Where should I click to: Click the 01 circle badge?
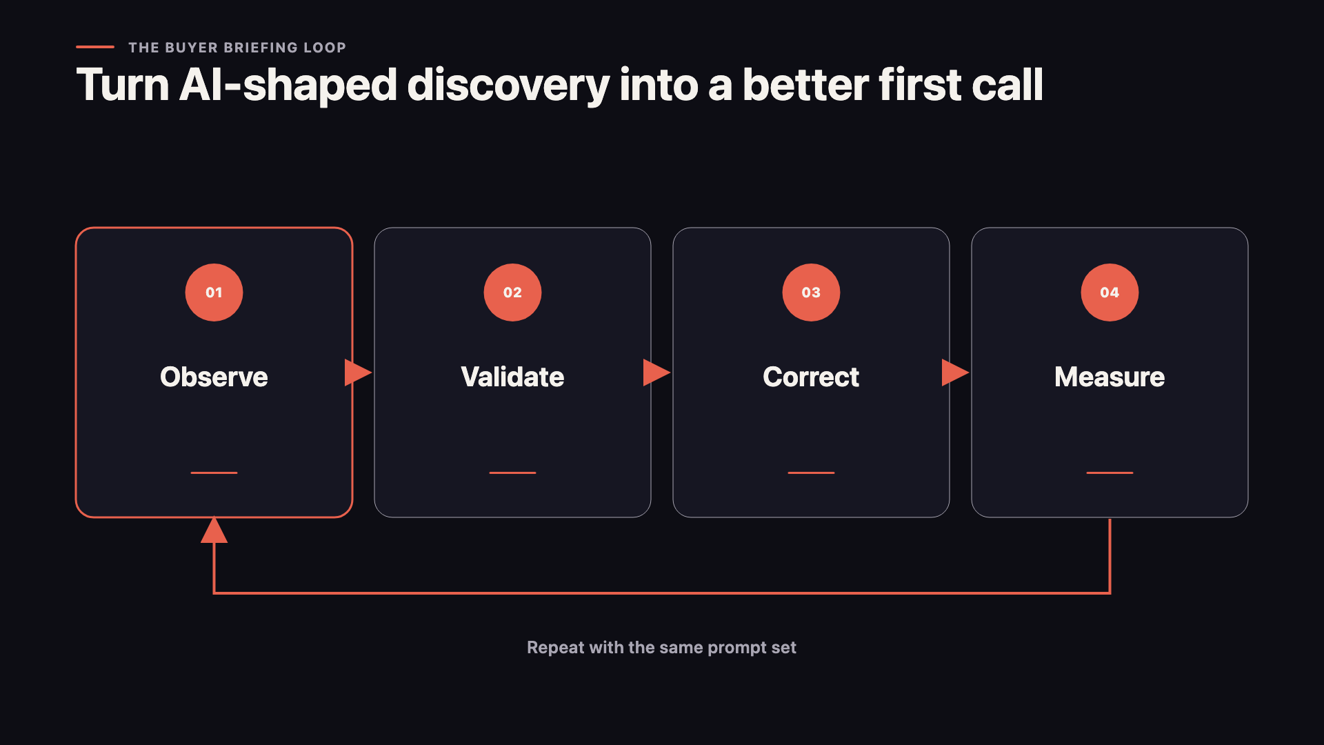coord(214,292)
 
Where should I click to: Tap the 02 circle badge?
coord(512,292)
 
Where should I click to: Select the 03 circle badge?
coord(811,292)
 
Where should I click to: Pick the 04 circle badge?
coord(1110,292)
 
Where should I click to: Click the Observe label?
coord(214,377)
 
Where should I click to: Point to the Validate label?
coord(512,377)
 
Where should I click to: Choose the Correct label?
coord(811,377)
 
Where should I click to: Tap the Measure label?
coord(1110,377)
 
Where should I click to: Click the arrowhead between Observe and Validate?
coord(358,372)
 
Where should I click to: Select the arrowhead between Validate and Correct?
coord(656,372)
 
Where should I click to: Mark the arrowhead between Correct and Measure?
coord(955,372)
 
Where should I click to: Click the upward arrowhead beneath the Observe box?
coord(214,530)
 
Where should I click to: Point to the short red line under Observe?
coord(214,473)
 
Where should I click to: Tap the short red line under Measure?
coord(1110,473)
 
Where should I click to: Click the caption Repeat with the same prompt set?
coord(661,648)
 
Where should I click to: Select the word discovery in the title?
coord(508,86)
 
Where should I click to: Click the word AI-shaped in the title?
coord(288,86)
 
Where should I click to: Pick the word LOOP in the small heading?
coord(325,48)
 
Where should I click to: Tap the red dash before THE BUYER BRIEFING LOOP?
coord(95,47)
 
